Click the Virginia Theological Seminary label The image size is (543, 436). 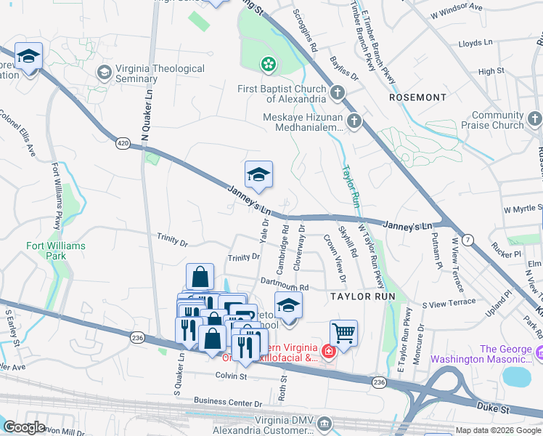[163, 73]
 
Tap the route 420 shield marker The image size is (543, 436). [123, 144]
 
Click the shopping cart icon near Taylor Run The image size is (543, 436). [344, 333]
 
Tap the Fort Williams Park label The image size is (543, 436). [56, 251]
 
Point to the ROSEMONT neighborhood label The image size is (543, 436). [417, 97]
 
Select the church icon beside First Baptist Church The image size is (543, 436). [336, 93]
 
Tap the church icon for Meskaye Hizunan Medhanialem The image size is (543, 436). [354, 121]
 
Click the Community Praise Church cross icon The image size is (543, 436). [534, 119]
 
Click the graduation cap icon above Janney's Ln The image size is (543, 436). [258, 174]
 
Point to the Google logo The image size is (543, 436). [25, 427]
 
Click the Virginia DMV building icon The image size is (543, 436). [325, 423]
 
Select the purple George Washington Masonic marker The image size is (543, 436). [539, 354]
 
